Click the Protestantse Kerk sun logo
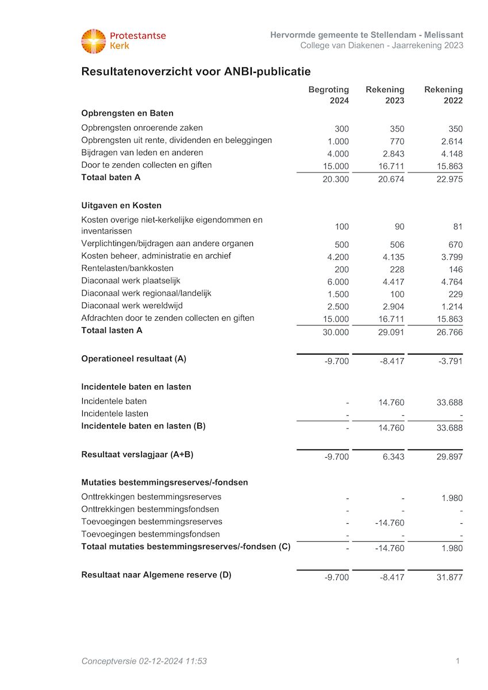[x=93, y=41]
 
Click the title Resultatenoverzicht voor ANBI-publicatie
[x=196, y=72]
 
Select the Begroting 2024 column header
[x=329, y=95]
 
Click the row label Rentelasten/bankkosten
[x=127, y=269]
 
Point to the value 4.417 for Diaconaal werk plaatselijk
[x=393, y=282]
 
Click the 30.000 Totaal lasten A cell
[x=336, y=332]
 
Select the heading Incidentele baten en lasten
[x=136, y=387]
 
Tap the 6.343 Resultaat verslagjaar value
[x=393, y=457]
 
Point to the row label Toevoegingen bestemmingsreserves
[x=152, y=522]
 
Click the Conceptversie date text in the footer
[x=144, y=661]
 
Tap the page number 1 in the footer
[x=458, y=661]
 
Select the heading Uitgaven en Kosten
[x=121, y=205]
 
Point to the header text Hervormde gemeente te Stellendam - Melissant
[x=367, y=36]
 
